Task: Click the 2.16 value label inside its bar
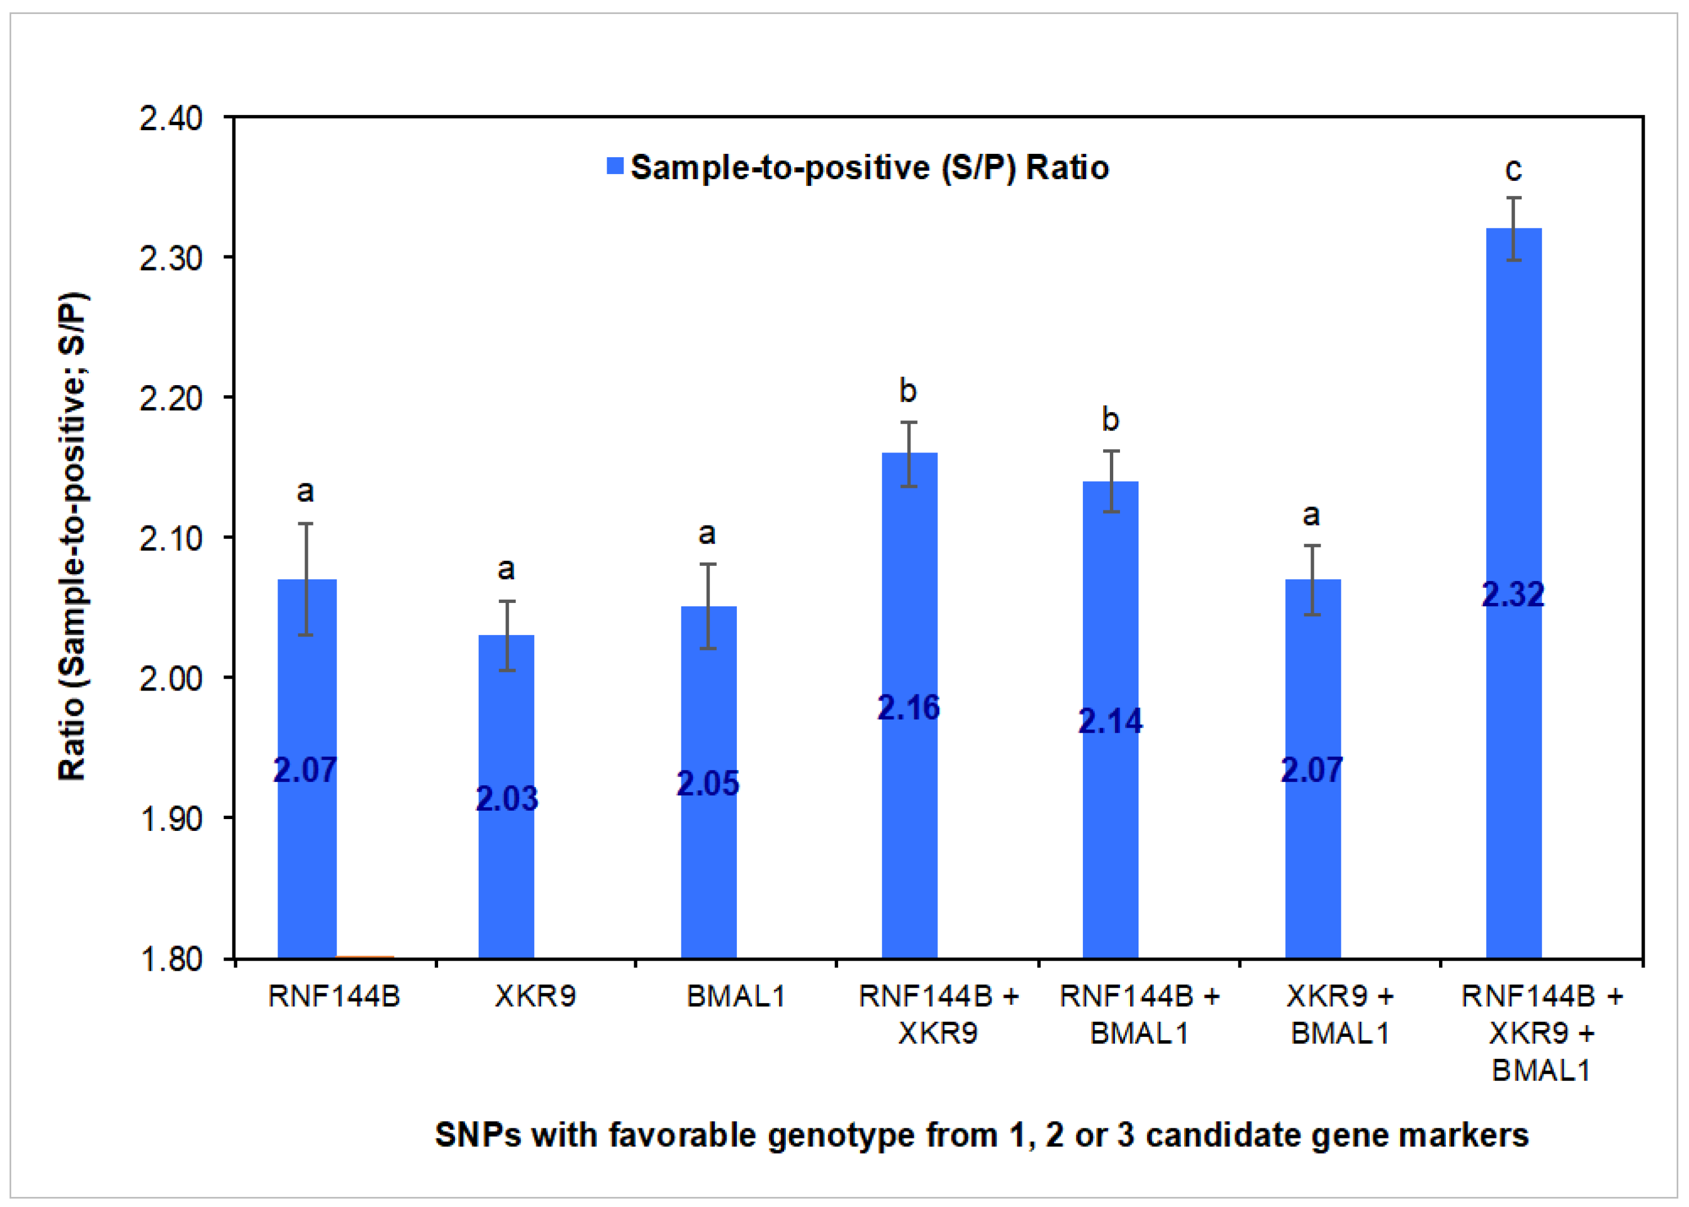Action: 908,707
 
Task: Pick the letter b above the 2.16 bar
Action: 908,391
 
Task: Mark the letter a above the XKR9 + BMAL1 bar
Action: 1312,514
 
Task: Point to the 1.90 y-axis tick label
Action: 171,819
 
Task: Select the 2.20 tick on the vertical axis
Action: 171,399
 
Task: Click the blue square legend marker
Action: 615,166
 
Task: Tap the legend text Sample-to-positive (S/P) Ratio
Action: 869,167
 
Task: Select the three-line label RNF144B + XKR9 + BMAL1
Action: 1542,1033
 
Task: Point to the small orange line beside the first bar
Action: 365,957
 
